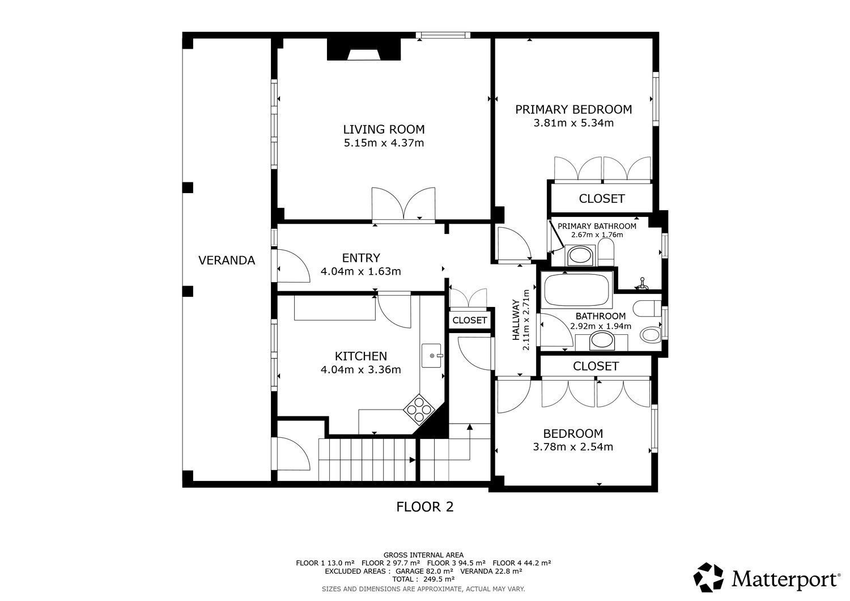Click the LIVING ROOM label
[x=384, y=129]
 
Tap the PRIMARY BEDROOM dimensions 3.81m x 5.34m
[x=573, y=123]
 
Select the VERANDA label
[x=227, y=260]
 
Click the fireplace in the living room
[x=364, y=49]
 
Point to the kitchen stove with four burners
[x=419, y=410]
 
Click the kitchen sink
[x=432, y=356]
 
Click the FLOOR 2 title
[x=424, y=507]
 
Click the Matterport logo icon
[x=708, y=577]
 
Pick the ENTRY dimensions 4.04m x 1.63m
[x=360, y=271]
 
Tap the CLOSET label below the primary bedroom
[x=601, y=198]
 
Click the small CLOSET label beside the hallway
[x=469, y=320]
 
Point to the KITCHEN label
[x=360, y=356]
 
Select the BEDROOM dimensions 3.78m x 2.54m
[x=572, y=446]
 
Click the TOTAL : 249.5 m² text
[x=423, y=579]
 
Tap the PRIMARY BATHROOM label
[x=597, y=226]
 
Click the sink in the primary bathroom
[x=580, y=255]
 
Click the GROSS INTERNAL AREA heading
[x=423, y=555]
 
